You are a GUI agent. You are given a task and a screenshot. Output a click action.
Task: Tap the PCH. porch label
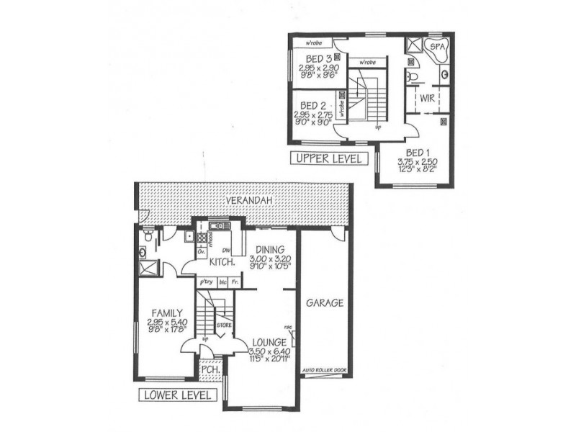(x=210, y=369)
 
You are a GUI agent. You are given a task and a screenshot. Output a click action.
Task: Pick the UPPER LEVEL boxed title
(x=326, y=158)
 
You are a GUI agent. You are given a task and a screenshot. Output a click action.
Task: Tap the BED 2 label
(x=313, y=104)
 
